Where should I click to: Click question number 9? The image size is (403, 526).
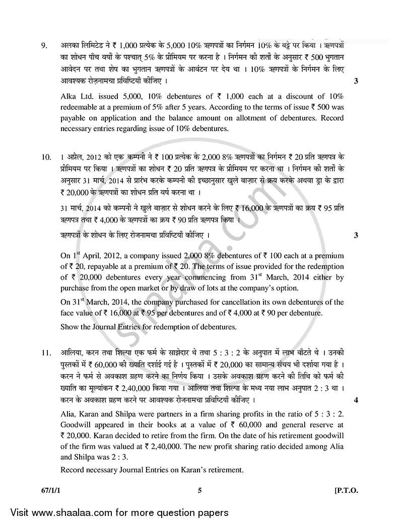pos(44,47)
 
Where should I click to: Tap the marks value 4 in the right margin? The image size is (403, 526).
pos(356,400)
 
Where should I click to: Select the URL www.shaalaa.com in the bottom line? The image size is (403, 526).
pos(68,513)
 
